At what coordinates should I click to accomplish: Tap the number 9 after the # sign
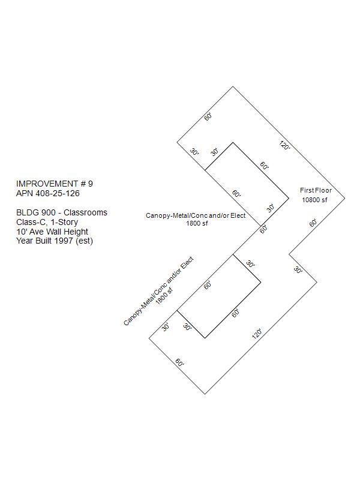[91, 184]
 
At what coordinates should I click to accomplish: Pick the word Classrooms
[85, 212]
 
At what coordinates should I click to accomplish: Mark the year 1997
[64, 241]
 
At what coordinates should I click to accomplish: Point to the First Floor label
[316, 190]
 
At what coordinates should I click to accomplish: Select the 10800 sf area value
[314, 200]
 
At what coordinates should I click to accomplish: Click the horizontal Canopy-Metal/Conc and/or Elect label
[196, 215]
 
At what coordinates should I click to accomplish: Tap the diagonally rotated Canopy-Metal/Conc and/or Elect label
[158, 291]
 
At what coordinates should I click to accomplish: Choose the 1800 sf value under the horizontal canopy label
[197, 223]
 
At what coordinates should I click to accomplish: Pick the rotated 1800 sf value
[164, 296]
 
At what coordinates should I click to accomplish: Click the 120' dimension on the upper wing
[284, 145]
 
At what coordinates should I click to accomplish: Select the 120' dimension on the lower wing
[257, 334]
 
